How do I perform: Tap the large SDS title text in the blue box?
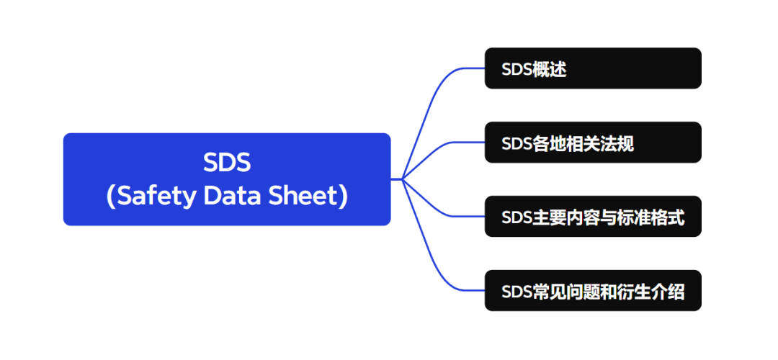click(x=227, y=163)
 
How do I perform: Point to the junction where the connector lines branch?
click(x=402, y=179)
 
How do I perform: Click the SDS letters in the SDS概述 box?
click(x=517, y=70)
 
